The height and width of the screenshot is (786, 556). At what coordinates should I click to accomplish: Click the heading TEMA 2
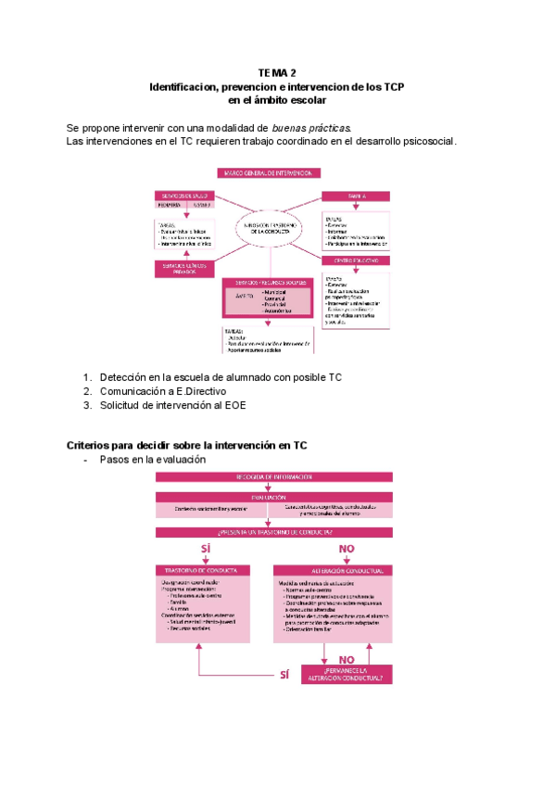pos(277,72)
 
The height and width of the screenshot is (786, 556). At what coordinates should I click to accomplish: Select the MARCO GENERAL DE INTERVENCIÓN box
pos(269,173)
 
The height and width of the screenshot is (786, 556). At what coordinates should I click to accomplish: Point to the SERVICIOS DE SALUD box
pos(186,196)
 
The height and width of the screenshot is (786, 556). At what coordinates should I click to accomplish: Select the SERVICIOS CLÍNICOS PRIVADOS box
pos(186,268)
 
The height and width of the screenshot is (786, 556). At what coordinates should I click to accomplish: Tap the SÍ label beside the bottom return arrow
pos(284,674)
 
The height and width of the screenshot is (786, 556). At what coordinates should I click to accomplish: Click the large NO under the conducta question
pos(347,550)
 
